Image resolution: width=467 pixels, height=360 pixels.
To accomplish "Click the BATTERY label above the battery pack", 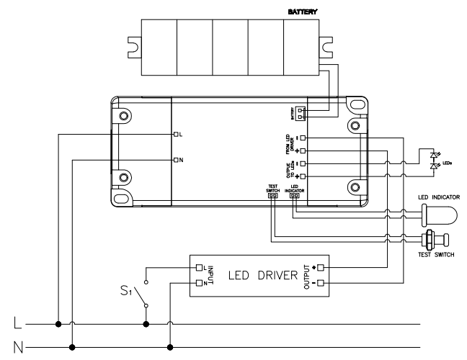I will (303, 12).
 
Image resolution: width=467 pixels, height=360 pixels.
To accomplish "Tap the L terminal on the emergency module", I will (175, 135).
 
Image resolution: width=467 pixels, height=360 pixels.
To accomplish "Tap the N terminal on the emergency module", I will (175, 158).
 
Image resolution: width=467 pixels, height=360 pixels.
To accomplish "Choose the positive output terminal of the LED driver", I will (321, 268).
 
